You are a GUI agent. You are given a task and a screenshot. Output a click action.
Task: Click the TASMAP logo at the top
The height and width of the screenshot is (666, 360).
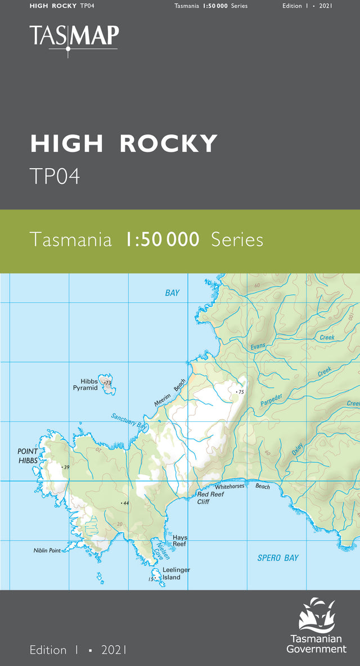(x=74, y=37)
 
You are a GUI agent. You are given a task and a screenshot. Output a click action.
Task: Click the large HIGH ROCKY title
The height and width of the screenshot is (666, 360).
(x=124, y=144)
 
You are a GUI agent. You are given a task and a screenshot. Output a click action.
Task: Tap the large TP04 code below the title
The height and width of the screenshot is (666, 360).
(x=55, y=176)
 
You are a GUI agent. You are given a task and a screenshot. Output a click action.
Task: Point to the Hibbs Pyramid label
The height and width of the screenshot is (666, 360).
(x=85, y=385)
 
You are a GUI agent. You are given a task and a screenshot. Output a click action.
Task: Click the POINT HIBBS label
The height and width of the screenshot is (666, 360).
(x=28, y=456)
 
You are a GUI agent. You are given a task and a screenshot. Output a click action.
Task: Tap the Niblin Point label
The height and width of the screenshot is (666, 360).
(x=47, y=550)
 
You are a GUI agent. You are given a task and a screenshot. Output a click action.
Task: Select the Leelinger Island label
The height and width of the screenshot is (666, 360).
(x=176, y=573)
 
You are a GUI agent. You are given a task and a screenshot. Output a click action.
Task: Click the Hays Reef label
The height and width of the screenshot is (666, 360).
(x=180, y=541)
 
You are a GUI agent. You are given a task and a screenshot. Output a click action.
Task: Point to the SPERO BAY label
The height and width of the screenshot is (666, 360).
(x=278, y=557)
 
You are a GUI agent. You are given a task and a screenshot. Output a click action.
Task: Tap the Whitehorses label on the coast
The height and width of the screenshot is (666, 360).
(x=229, y=485)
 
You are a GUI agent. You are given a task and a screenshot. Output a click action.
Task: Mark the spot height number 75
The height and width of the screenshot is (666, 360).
(x=242, y=392)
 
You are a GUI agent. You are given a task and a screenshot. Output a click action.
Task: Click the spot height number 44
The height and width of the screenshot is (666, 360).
(x=126, y=503)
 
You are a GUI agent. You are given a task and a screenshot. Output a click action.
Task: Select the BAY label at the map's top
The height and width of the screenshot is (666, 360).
(x=172, y=292)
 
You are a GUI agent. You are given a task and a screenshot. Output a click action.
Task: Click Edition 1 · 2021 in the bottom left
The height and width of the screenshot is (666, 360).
(x=78, y=650)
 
